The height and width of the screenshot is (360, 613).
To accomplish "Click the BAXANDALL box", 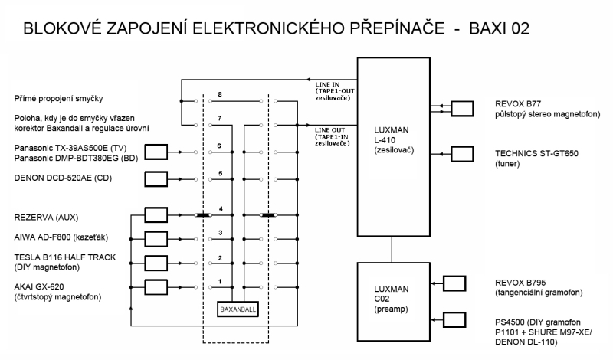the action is tap(238, 309).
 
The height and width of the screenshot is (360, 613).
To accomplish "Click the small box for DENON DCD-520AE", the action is tap(156, 179).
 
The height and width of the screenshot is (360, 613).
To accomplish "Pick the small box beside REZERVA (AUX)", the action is tap(156, 215).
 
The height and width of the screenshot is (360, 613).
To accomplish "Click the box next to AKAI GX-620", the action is tap(156, 287).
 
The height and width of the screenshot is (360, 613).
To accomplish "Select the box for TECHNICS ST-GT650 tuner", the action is tap(462, 154).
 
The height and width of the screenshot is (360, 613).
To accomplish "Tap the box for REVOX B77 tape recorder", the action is tap(462, 109).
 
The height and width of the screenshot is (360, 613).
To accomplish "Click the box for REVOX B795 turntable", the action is tap(454, 283).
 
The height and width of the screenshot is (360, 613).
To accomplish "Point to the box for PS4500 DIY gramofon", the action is tap(454, 319).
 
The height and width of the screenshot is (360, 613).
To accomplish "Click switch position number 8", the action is tap(220, 94).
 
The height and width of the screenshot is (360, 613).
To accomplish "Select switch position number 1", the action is tap(220, 281).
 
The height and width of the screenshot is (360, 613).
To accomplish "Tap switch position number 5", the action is tap(221, 173).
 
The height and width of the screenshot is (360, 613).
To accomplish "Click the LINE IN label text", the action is tap(327, 84).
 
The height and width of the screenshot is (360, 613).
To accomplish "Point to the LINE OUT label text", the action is tap(330, 130).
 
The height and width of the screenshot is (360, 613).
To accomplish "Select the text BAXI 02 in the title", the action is tap(500, 28).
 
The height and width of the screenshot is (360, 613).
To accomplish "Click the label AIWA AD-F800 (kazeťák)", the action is tap(61, 237).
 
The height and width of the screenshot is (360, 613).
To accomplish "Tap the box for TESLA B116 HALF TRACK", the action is tap(156, 263).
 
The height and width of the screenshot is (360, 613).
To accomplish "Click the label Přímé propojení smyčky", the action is tap(59, 99).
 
